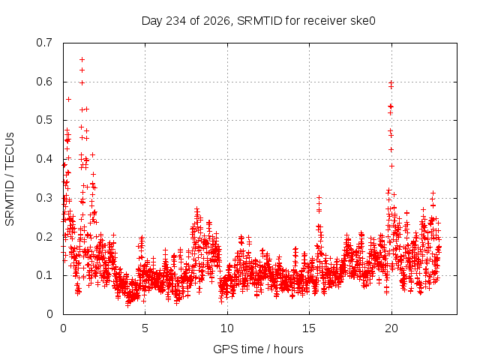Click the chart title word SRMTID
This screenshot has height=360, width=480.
(259, 21)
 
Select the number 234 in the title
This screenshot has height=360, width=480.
(175, 21)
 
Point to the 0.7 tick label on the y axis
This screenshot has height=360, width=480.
(44, 43)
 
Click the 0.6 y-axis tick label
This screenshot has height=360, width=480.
(44, 82)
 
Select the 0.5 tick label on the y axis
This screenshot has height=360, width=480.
(44, 120)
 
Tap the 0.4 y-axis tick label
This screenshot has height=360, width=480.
(44, 159)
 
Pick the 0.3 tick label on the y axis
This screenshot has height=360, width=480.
(44, 198)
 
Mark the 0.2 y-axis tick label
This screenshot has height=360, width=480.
(44, 237)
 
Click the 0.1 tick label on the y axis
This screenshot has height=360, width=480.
(44, 275)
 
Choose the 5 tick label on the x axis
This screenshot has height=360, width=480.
(145, 328)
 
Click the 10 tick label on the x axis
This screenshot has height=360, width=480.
(226, 328)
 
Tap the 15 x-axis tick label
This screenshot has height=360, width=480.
(309, 328)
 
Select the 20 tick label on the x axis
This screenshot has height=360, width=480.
(391, 328)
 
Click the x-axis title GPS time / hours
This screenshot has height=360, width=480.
(258, 349)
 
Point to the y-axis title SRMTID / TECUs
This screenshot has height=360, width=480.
(10, 179)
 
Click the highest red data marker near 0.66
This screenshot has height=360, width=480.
(82, 59)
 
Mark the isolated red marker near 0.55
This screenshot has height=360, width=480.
(68, 99)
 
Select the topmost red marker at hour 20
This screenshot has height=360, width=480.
(391, 82)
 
